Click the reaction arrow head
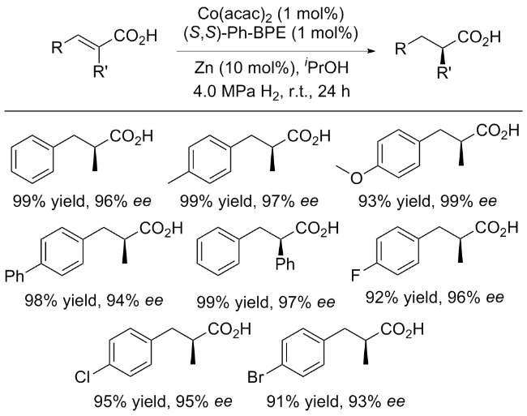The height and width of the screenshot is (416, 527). coord(371,51)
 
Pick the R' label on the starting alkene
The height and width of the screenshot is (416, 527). coord(100,72)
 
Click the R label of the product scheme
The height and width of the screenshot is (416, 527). coord(401,49)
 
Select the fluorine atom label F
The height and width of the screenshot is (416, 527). coord(355,277)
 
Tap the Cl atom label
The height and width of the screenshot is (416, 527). coord(82,378)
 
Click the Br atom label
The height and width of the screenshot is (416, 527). coord(255,378)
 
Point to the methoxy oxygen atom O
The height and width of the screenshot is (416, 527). coord(356,178)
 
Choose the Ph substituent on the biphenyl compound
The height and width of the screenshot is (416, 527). coord(15,277)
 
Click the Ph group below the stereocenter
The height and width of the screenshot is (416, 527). coord(285,264)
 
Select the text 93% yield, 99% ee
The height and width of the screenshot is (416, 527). coord(427,201)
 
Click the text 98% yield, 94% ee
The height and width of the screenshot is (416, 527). coord(93,300)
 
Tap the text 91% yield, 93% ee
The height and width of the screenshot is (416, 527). coord(336,401)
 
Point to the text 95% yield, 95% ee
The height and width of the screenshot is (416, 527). coord(163,401)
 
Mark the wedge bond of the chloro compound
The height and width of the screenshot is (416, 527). coord(193,352)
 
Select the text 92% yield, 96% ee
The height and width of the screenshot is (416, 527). coord(435,298)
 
